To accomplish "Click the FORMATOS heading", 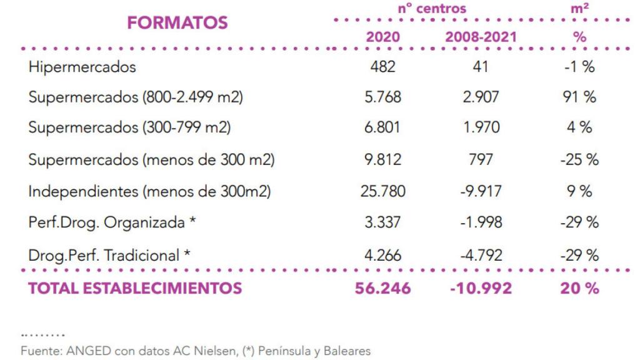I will click(x=177, y=23).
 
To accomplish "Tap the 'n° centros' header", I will click(x=432, y=9).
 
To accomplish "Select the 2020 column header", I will click(x=382, y=37).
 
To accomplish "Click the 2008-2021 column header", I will click(x=481, y=37).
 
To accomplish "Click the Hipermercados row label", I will click(x=82, y=67).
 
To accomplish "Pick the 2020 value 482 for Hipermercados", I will click(x=382, y=67).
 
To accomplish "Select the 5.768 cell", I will click(x=382, y=97).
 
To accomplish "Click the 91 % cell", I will click(x=579, y=97).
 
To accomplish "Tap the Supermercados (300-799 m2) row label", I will click(x=129, y=127).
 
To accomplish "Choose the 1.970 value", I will click(x=481, y=127).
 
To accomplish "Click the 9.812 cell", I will click(x=382, y=160).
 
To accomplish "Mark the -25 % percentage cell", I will click(x=579, y=160).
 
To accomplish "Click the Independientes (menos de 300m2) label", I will click(x=149, y=191).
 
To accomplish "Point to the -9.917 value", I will click(x=481, y=191).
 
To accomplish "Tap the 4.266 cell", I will click(x=382, y=256).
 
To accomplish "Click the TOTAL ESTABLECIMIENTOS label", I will click(x=135, y=288).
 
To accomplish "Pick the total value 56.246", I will click(x=382, y=288).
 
